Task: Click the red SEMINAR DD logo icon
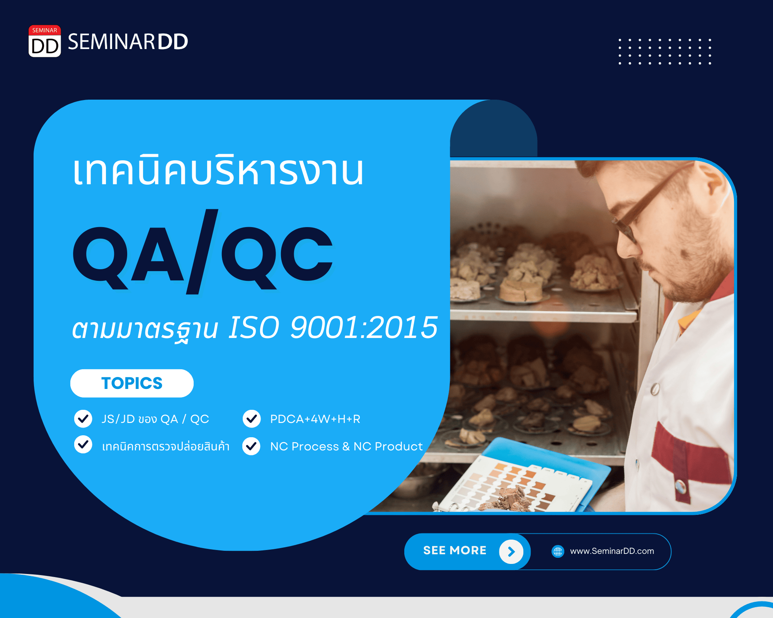pos(45,41)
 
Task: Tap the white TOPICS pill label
pos(132,383)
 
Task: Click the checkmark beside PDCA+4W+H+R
pos(252,419)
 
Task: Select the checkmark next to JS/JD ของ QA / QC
pos(83,419)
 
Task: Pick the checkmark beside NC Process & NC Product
pos(252,446)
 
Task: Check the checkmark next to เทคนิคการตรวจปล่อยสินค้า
pos(83,445)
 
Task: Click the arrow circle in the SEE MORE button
pos(511,552)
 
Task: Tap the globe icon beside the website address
pos(558,551)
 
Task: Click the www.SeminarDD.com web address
pos(612,551)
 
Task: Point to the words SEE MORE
pos(455,550)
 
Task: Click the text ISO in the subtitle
pos(254,328)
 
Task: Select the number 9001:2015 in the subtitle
pos(364,328)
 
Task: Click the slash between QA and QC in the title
pos(202,251)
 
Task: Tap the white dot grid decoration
pos(665,51)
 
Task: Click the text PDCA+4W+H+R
pos(315,419)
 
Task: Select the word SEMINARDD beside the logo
pos(128,42)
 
